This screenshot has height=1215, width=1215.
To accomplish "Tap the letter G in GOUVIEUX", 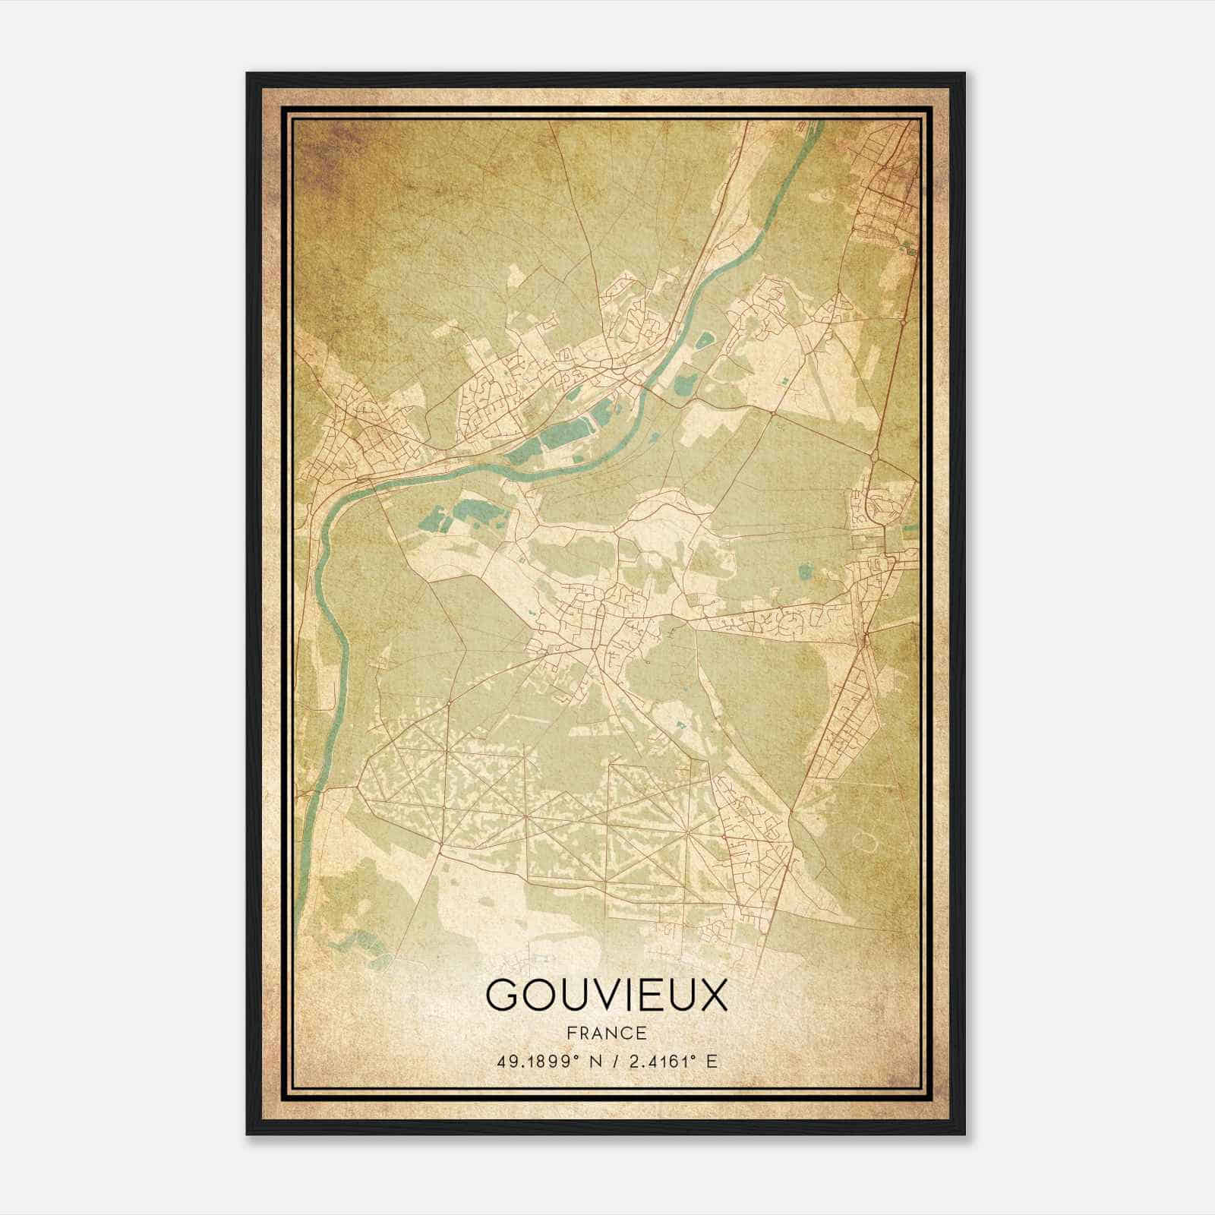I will click(503, 995).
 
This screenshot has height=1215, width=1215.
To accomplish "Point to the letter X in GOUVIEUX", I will click(712, 995).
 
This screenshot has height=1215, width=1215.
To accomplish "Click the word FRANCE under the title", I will click(606, 1033).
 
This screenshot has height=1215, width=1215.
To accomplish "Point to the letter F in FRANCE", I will click(571, 1033).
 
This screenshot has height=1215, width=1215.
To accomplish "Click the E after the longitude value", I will click(712, 1061).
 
